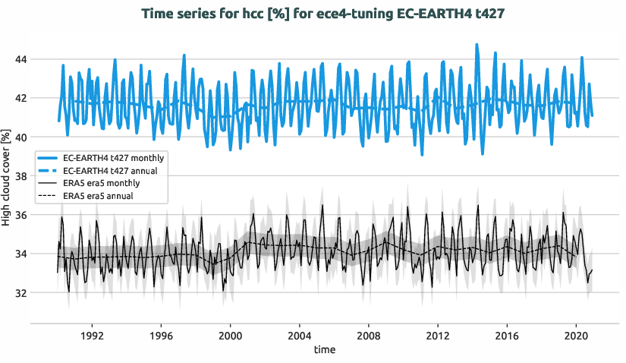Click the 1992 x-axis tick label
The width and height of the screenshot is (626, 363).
tap(92, 335)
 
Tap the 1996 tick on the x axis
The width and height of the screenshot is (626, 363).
tap(161, 335)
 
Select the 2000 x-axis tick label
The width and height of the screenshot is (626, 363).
tap(230, 335)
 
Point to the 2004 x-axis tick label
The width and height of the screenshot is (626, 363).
tap(299, 335)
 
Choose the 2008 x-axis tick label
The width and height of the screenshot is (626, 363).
tap(369, 335)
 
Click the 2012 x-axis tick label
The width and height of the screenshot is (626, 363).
tap(438, 335)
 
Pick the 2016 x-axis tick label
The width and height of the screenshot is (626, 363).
tap(507, 335)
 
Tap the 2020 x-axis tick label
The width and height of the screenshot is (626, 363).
tap(576, 335)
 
